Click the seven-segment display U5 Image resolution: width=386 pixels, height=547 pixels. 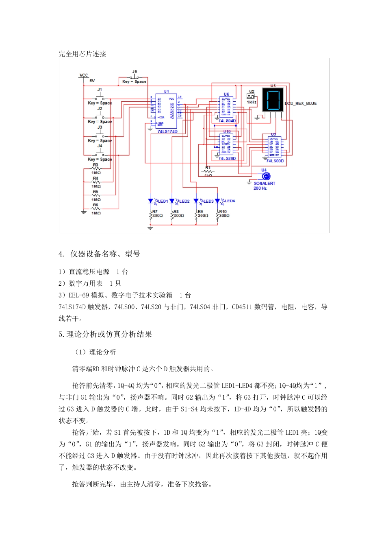273,100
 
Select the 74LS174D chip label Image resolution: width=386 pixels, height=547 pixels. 167,131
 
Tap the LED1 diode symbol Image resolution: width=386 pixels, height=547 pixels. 151,201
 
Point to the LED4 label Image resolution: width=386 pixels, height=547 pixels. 230,201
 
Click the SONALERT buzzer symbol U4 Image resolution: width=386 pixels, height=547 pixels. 266,176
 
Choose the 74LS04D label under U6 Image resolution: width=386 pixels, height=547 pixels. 227,121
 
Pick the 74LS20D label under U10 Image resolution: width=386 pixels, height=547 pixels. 227,159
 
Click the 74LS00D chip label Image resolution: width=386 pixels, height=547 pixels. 275,161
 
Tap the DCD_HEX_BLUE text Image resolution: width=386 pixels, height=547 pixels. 301,103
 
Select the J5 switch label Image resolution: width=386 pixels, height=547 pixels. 134,72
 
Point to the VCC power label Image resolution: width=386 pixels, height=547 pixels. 84,75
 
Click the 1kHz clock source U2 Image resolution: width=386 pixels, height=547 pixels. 251,97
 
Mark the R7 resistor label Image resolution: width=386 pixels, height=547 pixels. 155,212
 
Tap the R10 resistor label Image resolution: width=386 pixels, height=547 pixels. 223,212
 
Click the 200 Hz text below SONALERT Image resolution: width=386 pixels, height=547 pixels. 260,188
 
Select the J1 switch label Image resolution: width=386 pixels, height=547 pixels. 100,90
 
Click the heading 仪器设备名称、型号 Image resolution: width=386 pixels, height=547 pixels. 105,254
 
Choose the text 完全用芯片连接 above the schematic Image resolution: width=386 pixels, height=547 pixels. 82,54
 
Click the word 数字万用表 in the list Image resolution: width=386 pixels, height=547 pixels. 86,284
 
